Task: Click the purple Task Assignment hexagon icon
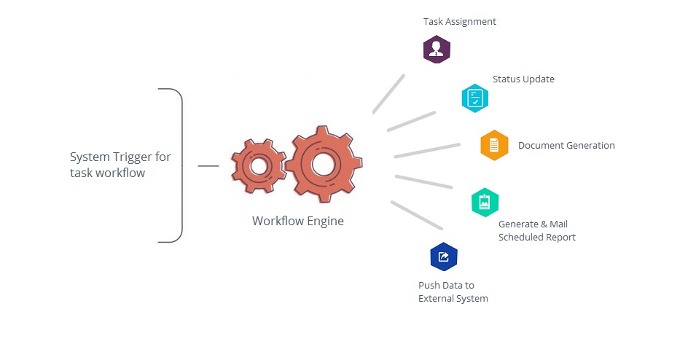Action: click(x=437, y=50)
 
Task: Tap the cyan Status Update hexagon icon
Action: click(x=475, y=98)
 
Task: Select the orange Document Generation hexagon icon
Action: click(x=494, y=145)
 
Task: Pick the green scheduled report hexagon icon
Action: click(x=485, y=203)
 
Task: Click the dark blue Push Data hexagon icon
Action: click(x=444, y=257)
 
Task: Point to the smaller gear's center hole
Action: click(x=258, y=166)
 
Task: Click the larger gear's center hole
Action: click(x=323, y=164)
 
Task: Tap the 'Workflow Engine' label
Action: click(x=298, y=221)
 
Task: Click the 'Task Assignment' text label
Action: click(x=459, y=22)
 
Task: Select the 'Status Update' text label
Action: click(x=523, y=79)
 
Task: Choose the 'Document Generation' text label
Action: click(x=566, y=145)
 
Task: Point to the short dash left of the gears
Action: click(x=208, y=166)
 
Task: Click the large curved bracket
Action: click(x=182, y=165)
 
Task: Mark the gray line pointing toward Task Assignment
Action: click(x=389, y=94)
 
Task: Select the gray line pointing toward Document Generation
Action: click(x=427, y=150)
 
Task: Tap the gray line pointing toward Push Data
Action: click(x=417, y=215)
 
